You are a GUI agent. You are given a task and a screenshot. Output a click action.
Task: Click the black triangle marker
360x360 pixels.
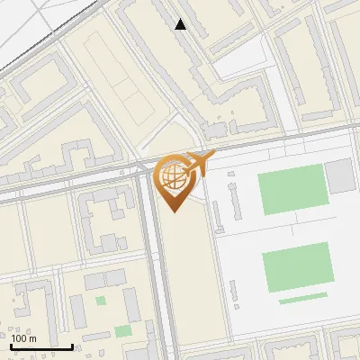(x=181, y=24)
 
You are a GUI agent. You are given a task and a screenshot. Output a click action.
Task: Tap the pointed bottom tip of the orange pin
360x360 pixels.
(x=175, y=211)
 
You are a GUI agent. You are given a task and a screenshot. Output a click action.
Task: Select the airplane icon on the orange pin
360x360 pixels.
(x=200, y=164)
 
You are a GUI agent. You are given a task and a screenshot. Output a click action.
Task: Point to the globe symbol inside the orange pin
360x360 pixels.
(x=174, y=177)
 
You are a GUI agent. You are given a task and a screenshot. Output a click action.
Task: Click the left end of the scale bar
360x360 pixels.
(x=12, y=346)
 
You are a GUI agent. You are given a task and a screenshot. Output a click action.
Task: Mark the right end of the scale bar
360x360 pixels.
(x=72, y=346)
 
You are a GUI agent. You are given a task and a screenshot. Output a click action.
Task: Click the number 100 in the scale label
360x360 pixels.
(x=20, y=338)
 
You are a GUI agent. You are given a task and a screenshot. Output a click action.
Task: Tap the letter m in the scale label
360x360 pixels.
(x=33, y=338)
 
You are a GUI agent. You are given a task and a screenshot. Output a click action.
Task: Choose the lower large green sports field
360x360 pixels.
(x=297, y=269)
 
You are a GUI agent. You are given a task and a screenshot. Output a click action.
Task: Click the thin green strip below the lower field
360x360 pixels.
(x=303, y=298)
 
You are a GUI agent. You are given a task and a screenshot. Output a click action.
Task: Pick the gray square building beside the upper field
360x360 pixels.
(x=340, y=175)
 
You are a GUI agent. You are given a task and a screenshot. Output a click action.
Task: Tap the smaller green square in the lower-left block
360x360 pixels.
(x=101, y=301)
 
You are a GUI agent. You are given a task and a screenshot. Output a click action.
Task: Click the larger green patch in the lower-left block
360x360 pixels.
(x=123, y=331)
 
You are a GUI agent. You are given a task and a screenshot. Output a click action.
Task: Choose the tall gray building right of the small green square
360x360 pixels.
(x=132, y=307)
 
